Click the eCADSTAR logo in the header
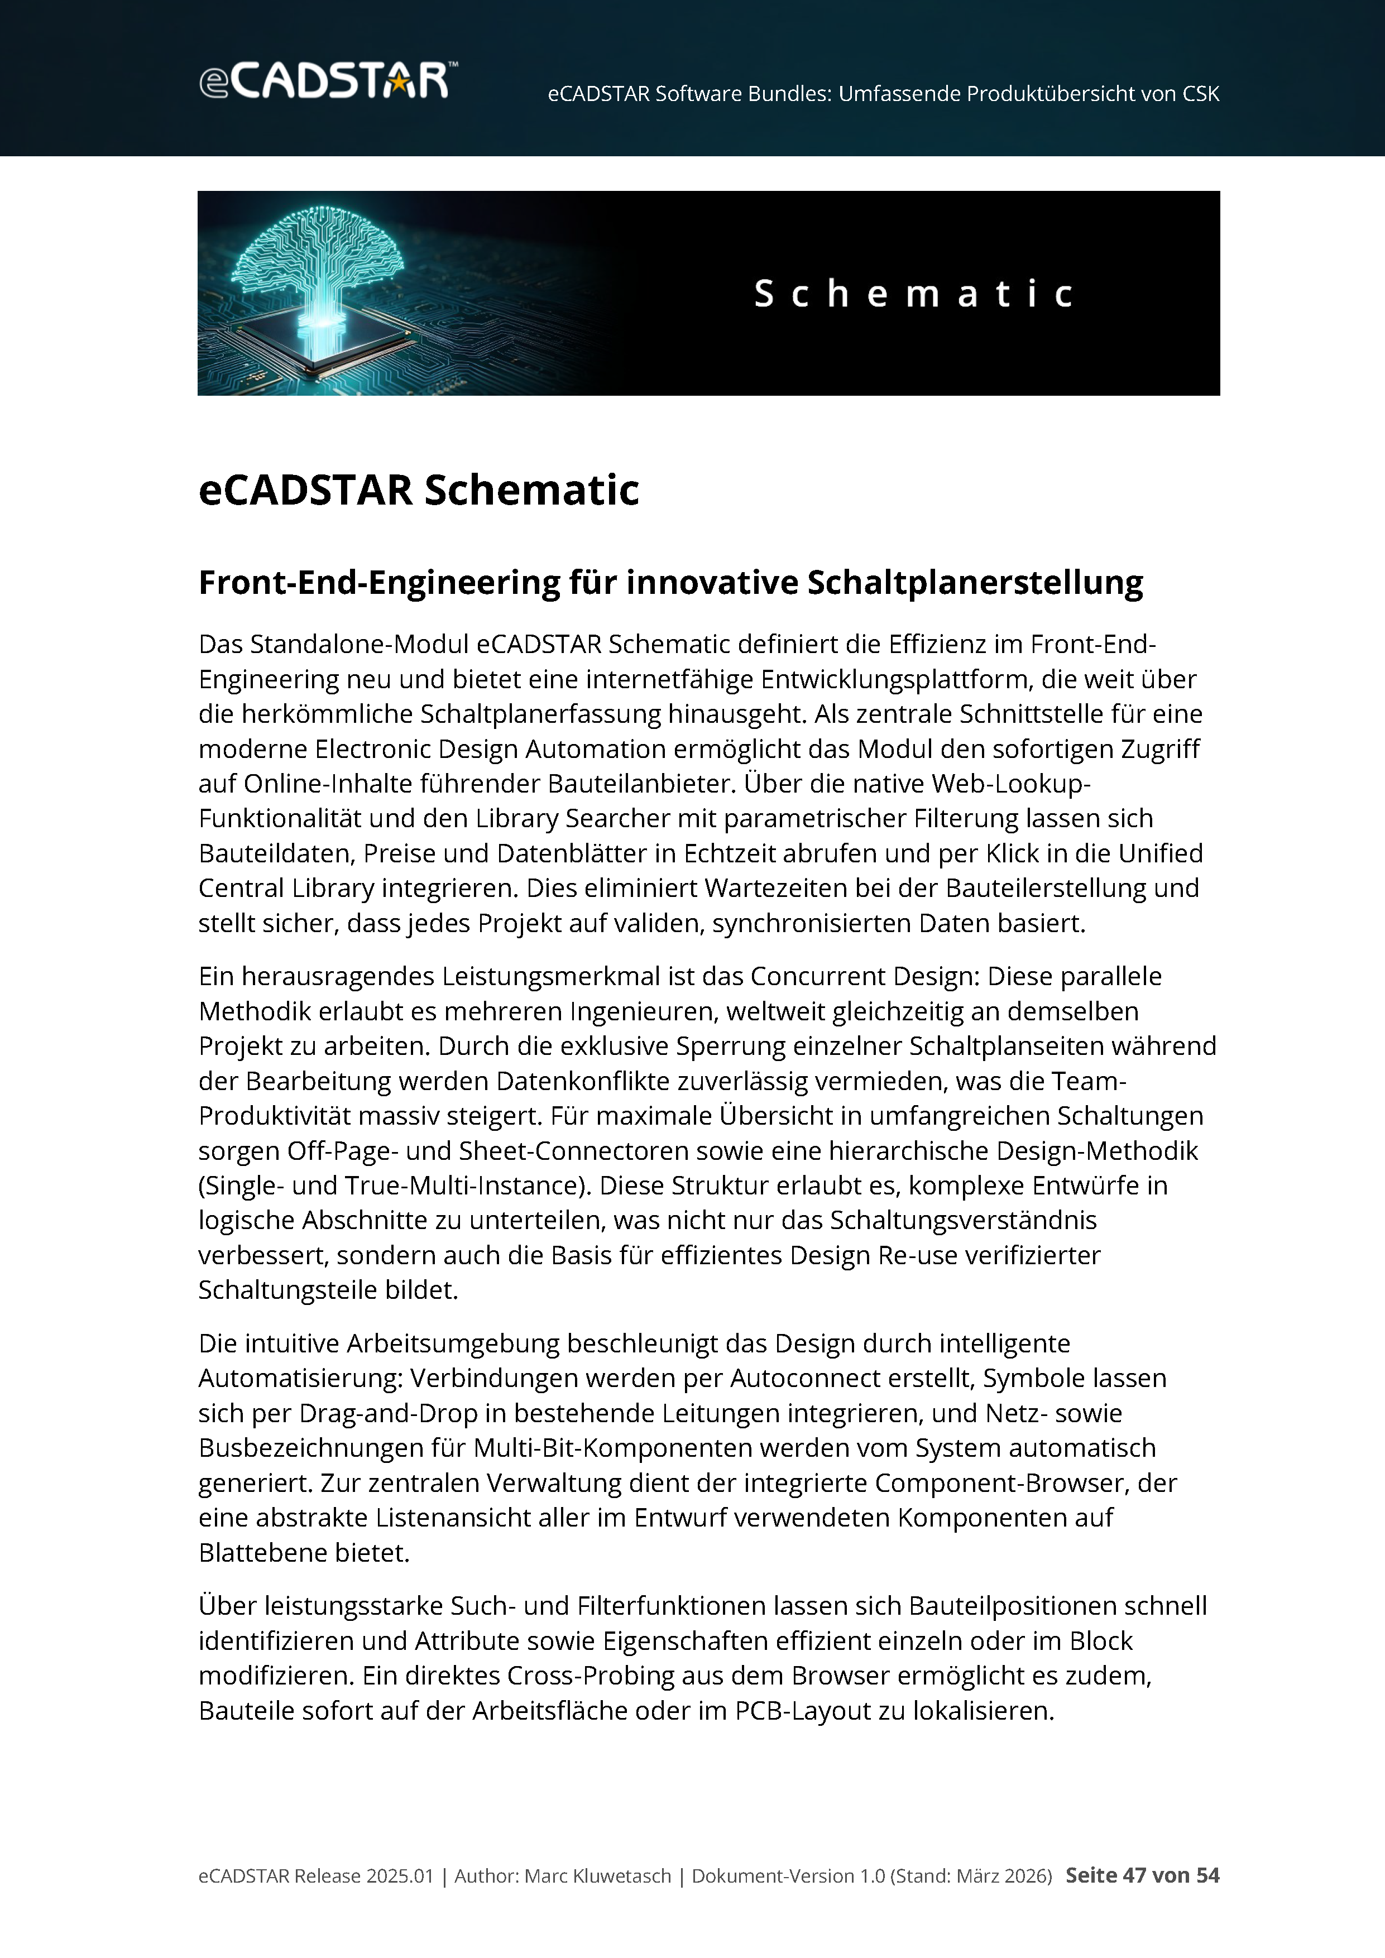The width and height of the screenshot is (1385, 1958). click(x=328, y=81)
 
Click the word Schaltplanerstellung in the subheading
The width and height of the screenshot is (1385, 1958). click(x=974, y=583)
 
